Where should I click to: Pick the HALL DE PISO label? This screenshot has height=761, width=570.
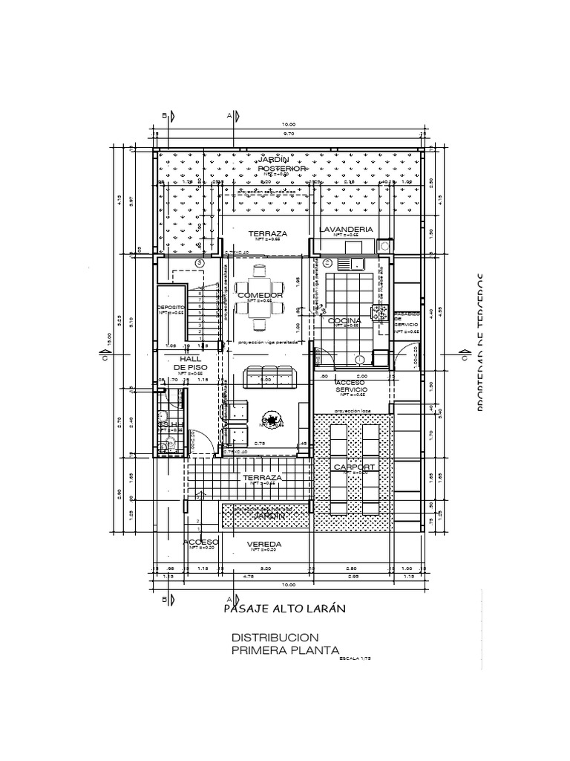[190, 363]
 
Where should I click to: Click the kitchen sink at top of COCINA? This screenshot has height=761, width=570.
[349, 262]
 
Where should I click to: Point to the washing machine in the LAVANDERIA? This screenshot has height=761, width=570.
[384, 245]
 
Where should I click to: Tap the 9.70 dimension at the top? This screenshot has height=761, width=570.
[289, 134]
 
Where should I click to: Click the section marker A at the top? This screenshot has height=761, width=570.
[232, 115]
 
